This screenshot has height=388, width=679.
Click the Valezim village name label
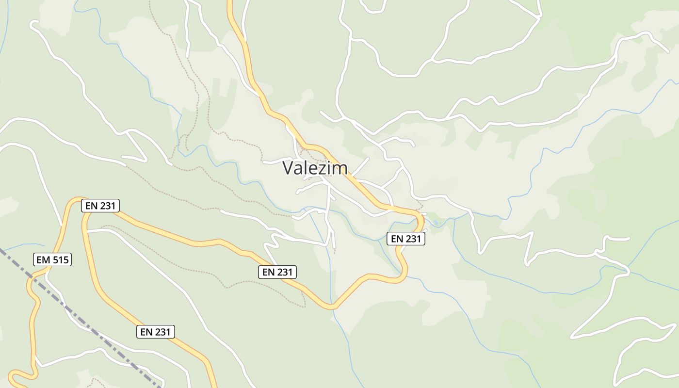[315, 168]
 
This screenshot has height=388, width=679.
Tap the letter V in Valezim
[288, 168]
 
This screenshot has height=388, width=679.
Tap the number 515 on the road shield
[60, 260]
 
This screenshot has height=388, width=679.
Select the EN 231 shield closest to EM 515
[100, 206]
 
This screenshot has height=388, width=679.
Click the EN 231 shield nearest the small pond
[406, 239]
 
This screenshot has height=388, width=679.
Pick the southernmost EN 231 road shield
[155, 332]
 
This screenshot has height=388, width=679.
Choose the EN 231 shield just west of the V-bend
[277, 272]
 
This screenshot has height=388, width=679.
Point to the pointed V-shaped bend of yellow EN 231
[330, 307]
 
